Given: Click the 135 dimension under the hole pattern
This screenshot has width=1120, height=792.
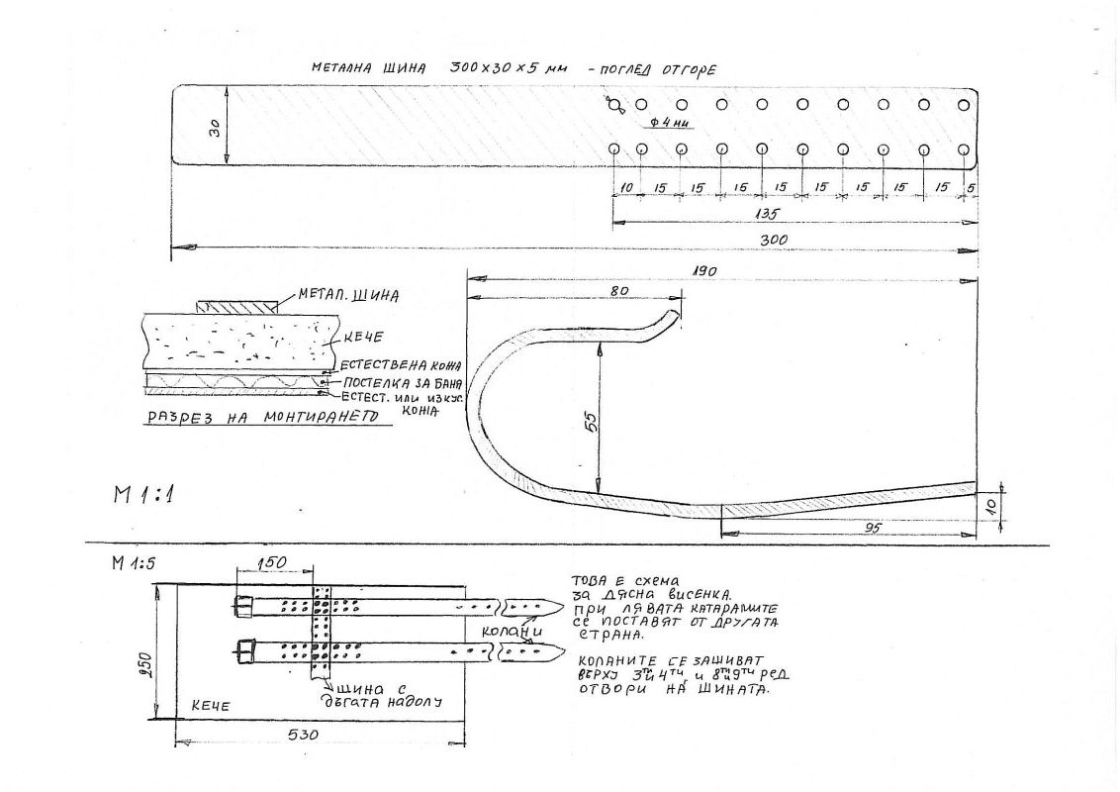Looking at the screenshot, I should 764,213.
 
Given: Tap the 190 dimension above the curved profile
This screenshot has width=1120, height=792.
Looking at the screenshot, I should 704,270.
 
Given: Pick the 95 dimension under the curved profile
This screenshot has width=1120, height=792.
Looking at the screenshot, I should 872,528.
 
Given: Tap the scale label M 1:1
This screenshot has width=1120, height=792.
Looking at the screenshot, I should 141,495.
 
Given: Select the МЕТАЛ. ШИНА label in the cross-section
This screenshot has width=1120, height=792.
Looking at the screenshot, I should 342,294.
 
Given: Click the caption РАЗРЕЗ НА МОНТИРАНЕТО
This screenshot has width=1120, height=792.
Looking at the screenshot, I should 263,417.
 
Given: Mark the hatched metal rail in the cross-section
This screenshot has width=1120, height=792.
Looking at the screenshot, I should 234,308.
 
